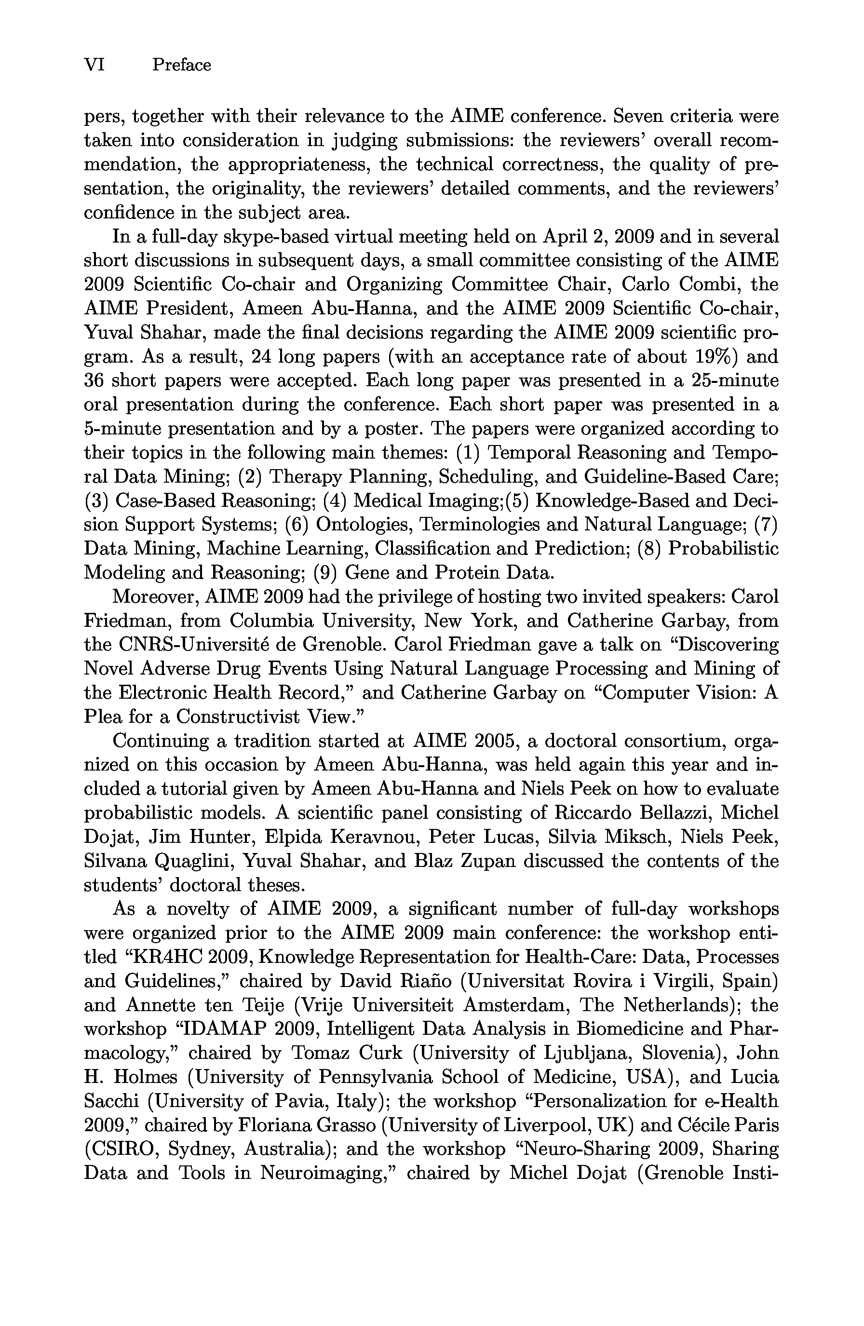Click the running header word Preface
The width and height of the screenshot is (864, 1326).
point(182,65)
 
